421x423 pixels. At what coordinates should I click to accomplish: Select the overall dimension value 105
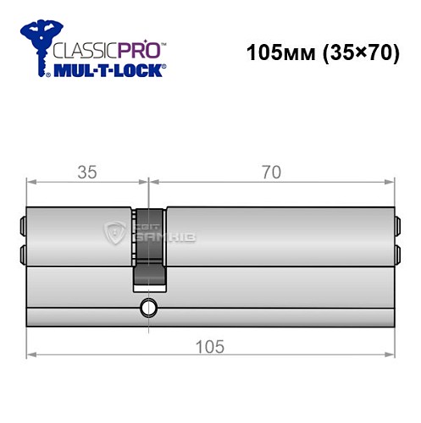(x=210, y=347)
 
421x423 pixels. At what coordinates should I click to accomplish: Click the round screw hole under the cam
(x=149, y=307)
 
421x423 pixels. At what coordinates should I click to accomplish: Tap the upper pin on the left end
(x=22, y=226)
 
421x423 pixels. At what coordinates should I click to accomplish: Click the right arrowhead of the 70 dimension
(x=391, y=181)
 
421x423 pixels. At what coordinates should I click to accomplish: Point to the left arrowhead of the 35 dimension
(x=31, y=181)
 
